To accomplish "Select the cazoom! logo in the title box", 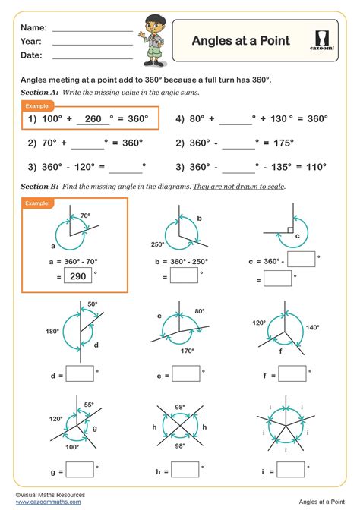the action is click(325, 40).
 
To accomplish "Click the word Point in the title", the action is click(273, 40).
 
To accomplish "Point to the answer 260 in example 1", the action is click(93, 119).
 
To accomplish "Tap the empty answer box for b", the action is click(185, 278).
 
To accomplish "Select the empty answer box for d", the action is click(81, 373).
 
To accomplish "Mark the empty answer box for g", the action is click(81, 470).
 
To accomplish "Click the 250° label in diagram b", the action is click(158, 244).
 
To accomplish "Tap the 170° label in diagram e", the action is click(188, 351).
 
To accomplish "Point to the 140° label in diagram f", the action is click(313, 328).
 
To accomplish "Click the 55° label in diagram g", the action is click(89, 405).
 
